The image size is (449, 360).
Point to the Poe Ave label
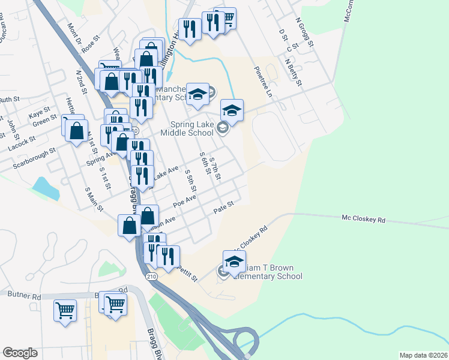pyautogui.click(x=185, y=202)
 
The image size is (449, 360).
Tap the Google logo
pyautogui.click(x=20, y=353)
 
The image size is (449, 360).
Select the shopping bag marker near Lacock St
pyautogui.click(x=77, y=130)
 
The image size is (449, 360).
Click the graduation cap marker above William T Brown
pyautogui.click(x=234, y=261)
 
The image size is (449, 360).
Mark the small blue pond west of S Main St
pyautogui.click(x=46, y=188)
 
